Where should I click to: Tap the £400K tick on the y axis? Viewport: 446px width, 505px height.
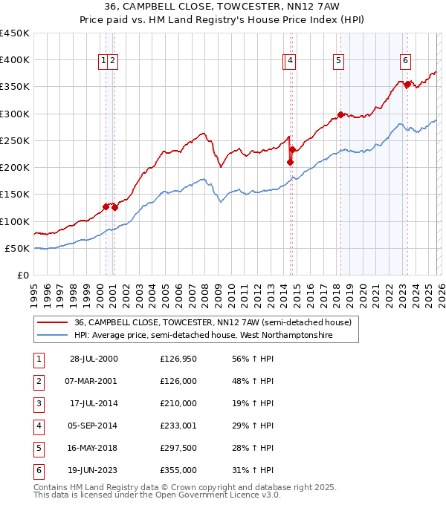coord(15,60)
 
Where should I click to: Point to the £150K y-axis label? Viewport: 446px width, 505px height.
coord(15,195)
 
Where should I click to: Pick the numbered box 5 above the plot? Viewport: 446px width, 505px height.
coord(338,61)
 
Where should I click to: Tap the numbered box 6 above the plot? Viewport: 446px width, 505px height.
coord(405,61)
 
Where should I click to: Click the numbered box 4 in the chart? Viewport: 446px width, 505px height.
coord(290,61)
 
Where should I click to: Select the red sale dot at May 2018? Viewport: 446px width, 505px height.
coord(340,114)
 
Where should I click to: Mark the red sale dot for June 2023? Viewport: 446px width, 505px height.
coord(407,85)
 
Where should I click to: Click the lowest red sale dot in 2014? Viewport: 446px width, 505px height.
coord(290,162)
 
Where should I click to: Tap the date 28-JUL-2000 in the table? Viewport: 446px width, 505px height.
coord(93,359)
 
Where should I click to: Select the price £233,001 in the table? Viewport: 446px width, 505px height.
coord(178,426)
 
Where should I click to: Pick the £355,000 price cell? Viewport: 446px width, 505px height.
coord(178,470)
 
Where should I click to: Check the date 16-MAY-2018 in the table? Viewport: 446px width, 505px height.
coord(93,448)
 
